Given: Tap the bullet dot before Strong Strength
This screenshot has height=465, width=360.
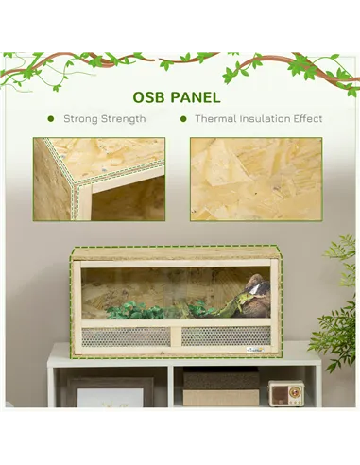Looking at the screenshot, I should [51, 120].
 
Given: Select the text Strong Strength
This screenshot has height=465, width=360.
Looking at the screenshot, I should [104, 120].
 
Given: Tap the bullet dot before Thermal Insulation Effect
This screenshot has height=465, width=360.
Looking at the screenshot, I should [182, 120].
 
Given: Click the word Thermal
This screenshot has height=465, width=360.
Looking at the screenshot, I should [216, 120].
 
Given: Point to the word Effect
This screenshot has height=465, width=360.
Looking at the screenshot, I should [306, 120].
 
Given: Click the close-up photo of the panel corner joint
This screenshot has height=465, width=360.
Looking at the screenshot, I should [98, 179].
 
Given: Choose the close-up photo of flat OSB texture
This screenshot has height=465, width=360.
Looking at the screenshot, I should [255, 179].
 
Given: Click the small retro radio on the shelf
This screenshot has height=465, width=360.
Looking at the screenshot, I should [285, 392].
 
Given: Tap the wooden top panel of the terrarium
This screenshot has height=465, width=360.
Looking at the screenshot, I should [175, 253].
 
